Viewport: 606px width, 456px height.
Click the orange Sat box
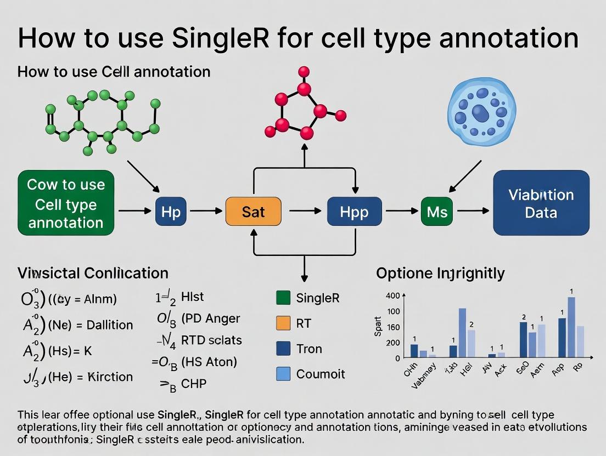click(253, 212)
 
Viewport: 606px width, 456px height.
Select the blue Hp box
click(171, 212)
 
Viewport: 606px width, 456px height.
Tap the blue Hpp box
click(354, 212)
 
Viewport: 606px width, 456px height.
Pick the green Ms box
click(437, 212)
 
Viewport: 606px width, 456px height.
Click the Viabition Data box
click(541, 203)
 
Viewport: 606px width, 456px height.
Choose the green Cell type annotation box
click(66, 203)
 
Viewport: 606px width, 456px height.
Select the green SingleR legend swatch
click(283, 298)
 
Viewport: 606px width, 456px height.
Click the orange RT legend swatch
click(283, 323)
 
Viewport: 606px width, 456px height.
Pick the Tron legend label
click(309, 349)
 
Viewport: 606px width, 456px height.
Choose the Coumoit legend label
click(321, 374)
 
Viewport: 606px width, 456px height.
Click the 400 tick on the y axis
click(393, 296)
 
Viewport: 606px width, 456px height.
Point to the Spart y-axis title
click(377, 327)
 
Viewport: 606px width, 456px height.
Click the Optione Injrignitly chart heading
click(440, 273)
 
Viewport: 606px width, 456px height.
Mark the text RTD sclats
click(211, 340)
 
